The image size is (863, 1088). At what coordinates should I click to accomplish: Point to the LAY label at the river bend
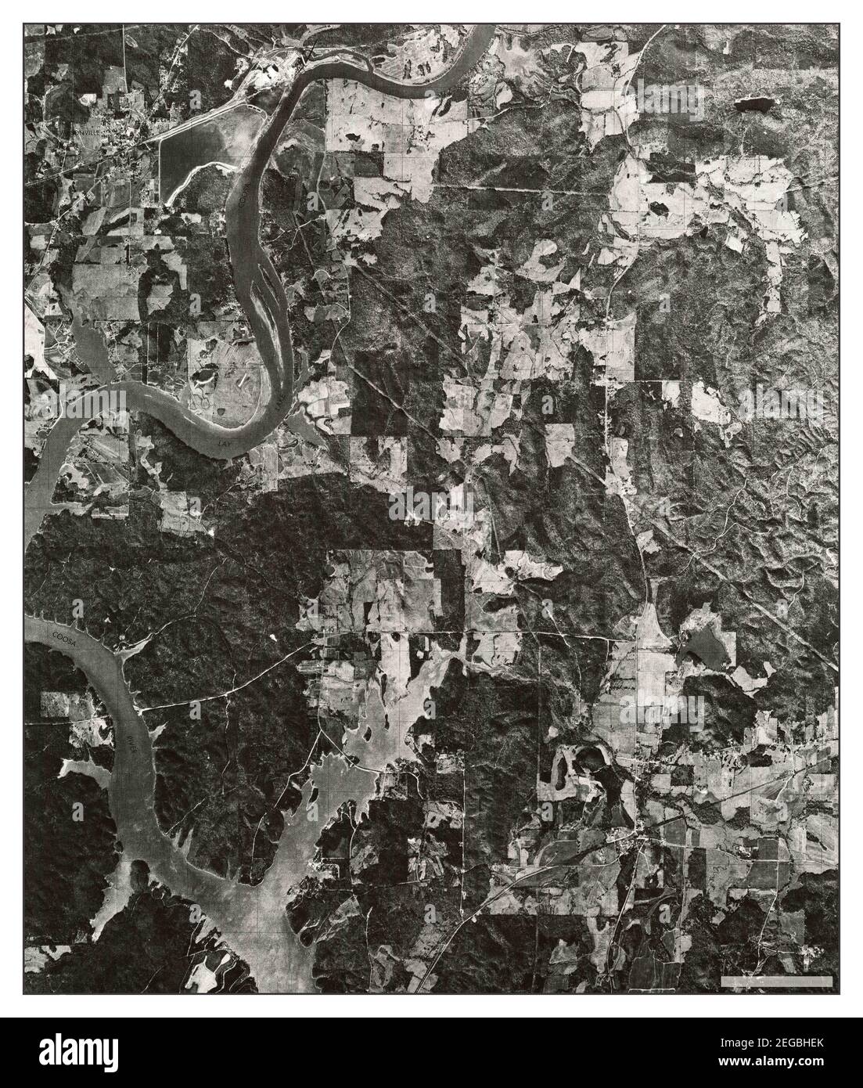(225, 442)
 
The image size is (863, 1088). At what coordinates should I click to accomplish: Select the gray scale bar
(776, 980)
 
